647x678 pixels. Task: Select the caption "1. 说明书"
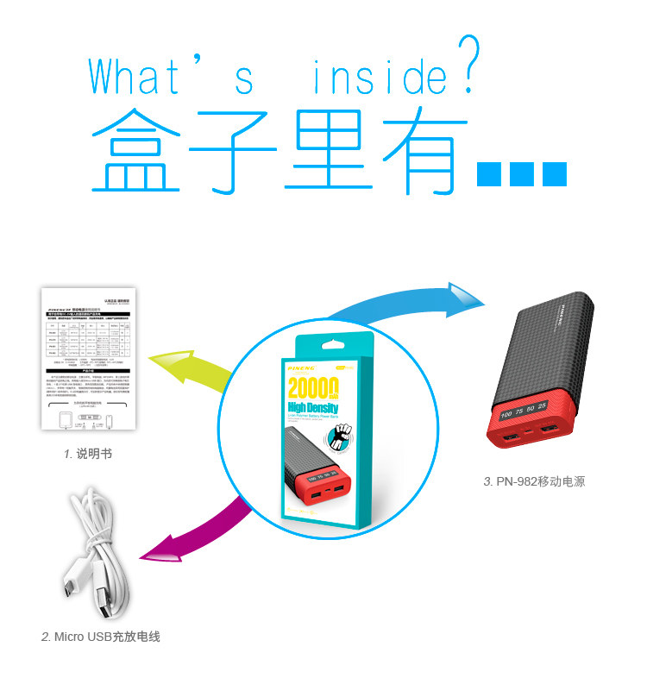[x=87, y=453]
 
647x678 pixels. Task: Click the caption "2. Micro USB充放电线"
[x=101, y=637]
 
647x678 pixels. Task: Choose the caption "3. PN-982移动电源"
[x=534, y=480]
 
